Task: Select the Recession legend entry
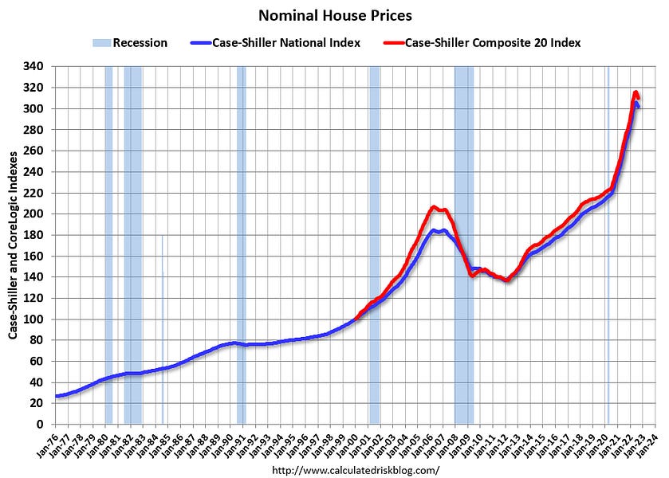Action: (x=132, y=42)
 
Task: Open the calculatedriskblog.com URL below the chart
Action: (x=356, y=470)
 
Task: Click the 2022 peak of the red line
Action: (x=636, y=92)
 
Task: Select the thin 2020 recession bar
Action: (x=608, y=239)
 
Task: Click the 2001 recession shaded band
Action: (x=374, y=239)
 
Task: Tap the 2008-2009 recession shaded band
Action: (x=463, y=239)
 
